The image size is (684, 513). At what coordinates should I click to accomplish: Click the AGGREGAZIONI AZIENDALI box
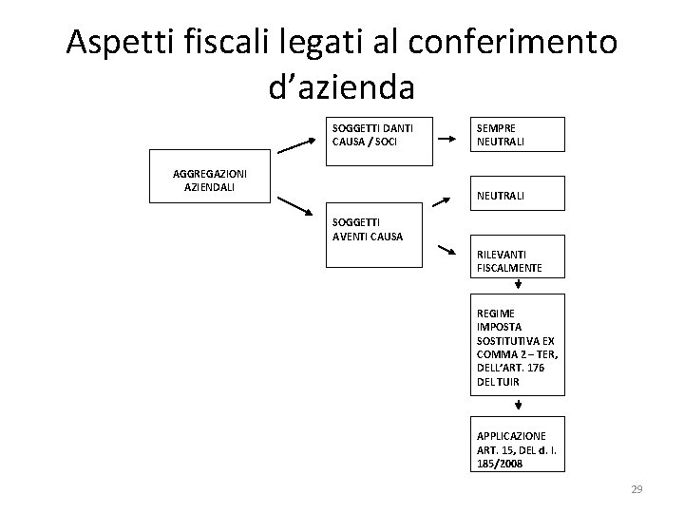point(211,176)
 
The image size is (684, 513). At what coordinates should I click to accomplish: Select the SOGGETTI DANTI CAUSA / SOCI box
point(373,135)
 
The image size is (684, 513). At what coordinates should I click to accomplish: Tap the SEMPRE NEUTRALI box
point(520,135)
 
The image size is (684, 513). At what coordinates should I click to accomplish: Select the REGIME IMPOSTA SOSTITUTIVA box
point(520,345)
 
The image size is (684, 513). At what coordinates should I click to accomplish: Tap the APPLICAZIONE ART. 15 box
point(520,444)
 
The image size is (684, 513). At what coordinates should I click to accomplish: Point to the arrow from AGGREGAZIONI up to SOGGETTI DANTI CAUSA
point(295,145)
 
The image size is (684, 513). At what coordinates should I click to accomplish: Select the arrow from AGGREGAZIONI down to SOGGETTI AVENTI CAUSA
point(296,203)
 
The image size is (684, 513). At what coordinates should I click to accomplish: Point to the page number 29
point(636,489)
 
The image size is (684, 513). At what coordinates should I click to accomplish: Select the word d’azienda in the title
point(342,86)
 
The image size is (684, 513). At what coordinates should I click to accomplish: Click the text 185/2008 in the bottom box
point(500,463)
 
